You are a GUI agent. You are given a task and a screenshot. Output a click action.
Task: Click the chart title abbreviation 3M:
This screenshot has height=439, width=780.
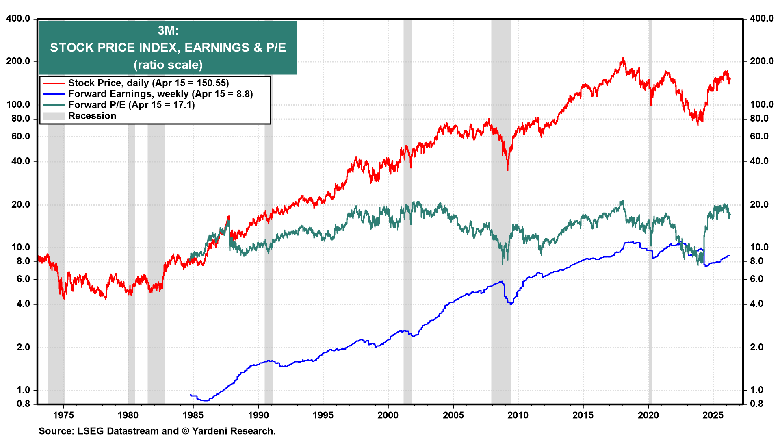(x=168, y=30)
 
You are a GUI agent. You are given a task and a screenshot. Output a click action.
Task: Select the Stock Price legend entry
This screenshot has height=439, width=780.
(x=148, y=83)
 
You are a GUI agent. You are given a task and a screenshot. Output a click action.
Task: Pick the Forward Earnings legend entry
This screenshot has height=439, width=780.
(x=160, y=94)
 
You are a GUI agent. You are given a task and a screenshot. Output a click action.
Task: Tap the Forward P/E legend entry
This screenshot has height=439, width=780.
(x=131, y=105)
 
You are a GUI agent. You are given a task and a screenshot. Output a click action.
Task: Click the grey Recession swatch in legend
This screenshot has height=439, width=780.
(x=54, y=116)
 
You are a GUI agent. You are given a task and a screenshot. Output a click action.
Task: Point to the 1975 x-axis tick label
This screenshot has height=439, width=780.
(x=63, y=415)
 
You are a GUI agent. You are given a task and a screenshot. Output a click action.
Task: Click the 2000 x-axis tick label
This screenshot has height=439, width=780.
(x=388, y=415)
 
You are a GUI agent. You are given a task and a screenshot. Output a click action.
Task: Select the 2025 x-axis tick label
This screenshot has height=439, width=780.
(x=713, y=415)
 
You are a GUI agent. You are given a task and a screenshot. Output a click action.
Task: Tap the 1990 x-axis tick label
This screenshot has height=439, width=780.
(x=258, y=415)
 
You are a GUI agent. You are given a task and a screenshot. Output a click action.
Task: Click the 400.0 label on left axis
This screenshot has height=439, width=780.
(x=18, y=18)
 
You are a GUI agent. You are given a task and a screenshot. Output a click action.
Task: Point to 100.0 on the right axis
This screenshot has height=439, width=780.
(x=762, y=104)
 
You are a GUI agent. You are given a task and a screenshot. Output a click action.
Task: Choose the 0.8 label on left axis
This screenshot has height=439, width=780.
(x=23, y=404)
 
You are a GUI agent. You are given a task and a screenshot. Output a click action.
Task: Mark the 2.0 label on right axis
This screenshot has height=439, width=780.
(x=756, y=347)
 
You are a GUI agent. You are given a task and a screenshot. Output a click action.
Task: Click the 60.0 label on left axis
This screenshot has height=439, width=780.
(x=21, y=136)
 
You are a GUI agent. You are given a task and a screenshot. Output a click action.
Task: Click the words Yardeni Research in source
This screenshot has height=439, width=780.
(x=234, y=431)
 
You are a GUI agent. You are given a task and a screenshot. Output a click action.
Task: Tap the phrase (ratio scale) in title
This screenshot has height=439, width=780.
(x=168, y=65)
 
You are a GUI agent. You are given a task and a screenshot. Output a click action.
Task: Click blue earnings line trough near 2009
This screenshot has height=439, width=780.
(x=511, y=304)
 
